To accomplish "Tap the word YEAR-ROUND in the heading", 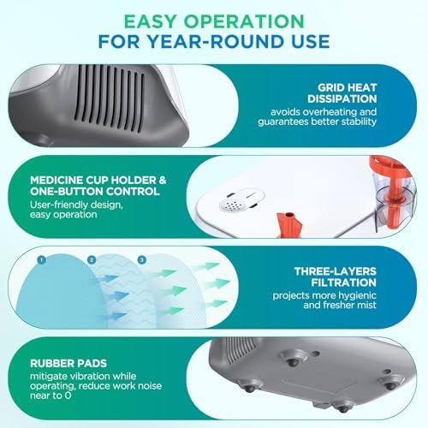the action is point(213,41).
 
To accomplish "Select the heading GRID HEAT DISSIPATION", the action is point(342,93).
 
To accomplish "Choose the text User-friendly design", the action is point(76,205).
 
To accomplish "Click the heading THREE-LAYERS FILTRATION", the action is point(336,276).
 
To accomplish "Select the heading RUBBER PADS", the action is point(68,363).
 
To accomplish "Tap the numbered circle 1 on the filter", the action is point(41,259).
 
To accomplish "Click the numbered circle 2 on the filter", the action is point(92,259).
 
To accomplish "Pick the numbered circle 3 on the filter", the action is point(142,259).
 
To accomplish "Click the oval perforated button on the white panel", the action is point(241,200).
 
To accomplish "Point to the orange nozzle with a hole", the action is point(289,224).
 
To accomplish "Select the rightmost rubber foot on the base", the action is point(390,382).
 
